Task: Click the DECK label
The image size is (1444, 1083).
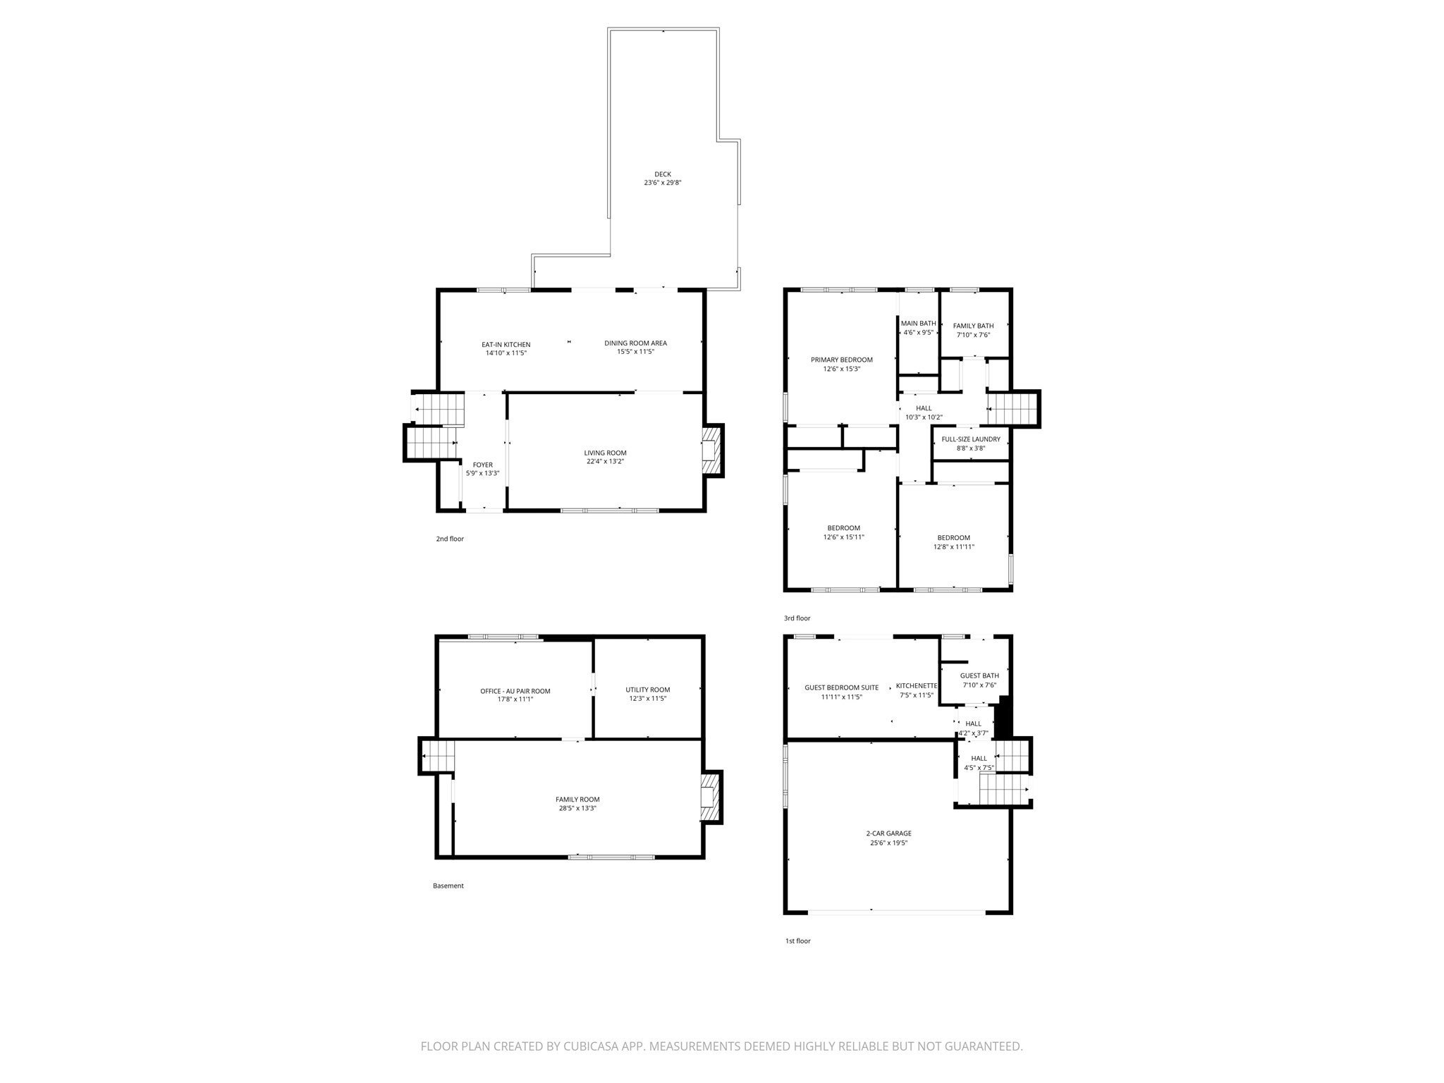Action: (663, 174)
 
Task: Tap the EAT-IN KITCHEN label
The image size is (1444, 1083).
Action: (506, 345)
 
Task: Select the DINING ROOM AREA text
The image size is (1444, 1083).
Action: (635, 343)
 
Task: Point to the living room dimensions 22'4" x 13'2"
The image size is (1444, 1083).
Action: (605, 461)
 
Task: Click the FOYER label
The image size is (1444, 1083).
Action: (483, 465)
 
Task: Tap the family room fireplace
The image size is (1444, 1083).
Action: (712, 797)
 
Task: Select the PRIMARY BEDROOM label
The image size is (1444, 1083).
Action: (842, 360)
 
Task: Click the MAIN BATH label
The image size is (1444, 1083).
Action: (919, 324)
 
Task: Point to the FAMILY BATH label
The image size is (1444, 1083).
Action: (974, 326)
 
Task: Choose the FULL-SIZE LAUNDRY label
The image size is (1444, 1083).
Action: (971, 439)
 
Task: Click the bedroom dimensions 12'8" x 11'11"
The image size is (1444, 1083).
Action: (954, 546)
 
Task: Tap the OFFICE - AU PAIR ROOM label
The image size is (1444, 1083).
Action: (515, 691)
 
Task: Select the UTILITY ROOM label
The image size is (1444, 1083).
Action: (648, 690)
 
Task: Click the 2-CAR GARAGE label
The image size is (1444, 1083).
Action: (889, 833)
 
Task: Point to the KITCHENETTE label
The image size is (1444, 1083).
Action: (917, 686)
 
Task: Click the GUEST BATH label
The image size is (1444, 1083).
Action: (979, 675)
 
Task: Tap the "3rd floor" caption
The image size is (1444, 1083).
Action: (797, 618)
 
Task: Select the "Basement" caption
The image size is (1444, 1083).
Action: (448, 886)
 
